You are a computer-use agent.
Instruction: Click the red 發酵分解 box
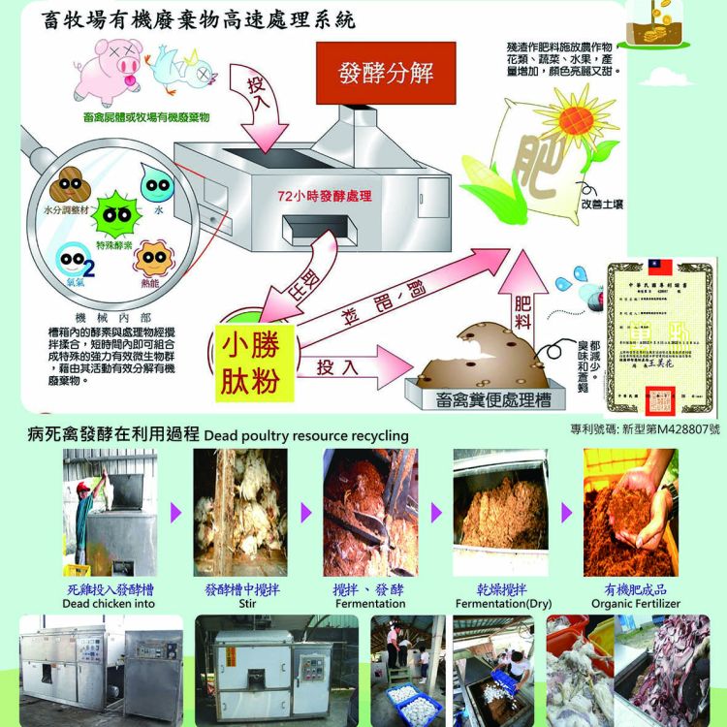pos(386,74)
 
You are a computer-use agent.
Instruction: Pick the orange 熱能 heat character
pos(153,261)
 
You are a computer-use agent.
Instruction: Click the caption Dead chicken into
pos(108,603)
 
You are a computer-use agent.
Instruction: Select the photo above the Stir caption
pos(240,511)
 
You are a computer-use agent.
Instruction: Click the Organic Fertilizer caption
pos(635,603)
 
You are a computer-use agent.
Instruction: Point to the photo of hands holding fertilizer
pos(630,511)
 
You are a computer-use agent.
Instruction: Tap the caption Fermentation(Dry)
pos(502,603)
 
